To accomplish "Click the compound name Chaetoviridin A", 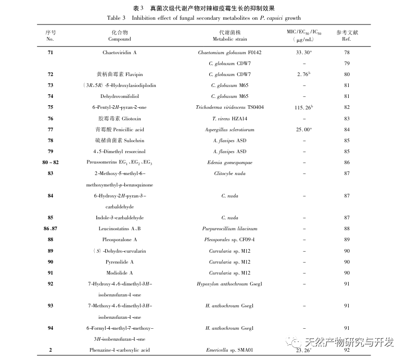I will coord(119,53).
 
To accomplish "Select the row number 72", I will coord(50,75).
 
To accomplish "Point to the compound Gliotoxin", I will coord(119,118).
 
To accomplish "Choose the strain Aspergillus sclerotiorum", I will coord(230,129).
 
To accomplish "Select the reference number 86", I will coord(347,163).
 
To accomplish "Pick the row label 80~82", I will coord(50,163).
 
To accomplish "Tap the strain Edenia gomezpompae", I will coord(230,163).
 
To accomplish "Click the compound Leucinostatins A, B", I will coord(119,229).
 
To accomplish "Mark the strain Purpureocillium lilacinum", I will coord(230,229).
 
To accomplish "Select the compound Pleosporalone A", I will coord(119,240).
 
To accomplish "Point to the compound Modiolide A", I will coord(119,272).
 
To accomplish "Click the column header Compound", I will coord(119,39).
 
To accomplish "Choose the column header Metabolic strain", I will coord(230,39).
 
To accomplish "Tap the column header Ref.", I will coord(347,39).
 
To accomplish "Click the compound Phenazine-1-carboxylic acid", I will coord(119,350).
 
